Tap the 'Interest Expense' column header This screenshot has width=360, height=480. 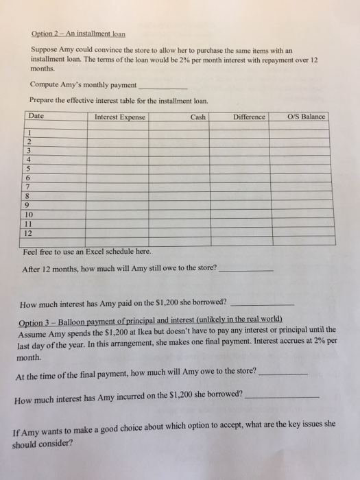coord(120,117)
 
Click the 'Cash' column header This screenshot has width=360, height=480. coord(198,117)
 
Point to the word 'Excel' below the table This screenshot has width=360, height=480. coord(92,251)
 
